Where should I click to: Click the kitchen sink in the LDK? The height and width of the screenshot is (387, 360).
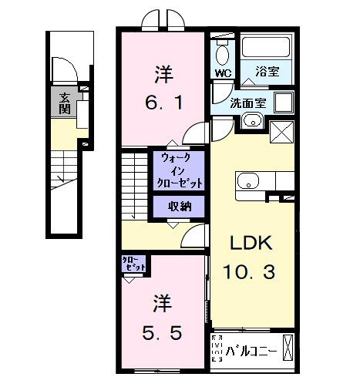pyautogui.click(x=247, y=182)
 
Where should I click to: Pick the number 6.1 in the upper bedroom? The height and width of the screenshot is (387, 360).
pyautogui.click(x=164, y=101)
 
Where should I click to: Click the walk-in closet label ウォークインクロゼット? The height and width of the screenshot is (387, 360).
pyautogui.click(x=182, y=171)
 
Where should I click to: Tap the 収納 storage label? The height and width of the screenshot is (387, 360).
pyautogui.click(x=182, y=206)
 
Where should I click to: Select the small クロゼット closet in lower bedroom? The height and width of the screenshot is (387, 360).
pyautogui.click(x=133, y=264)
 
